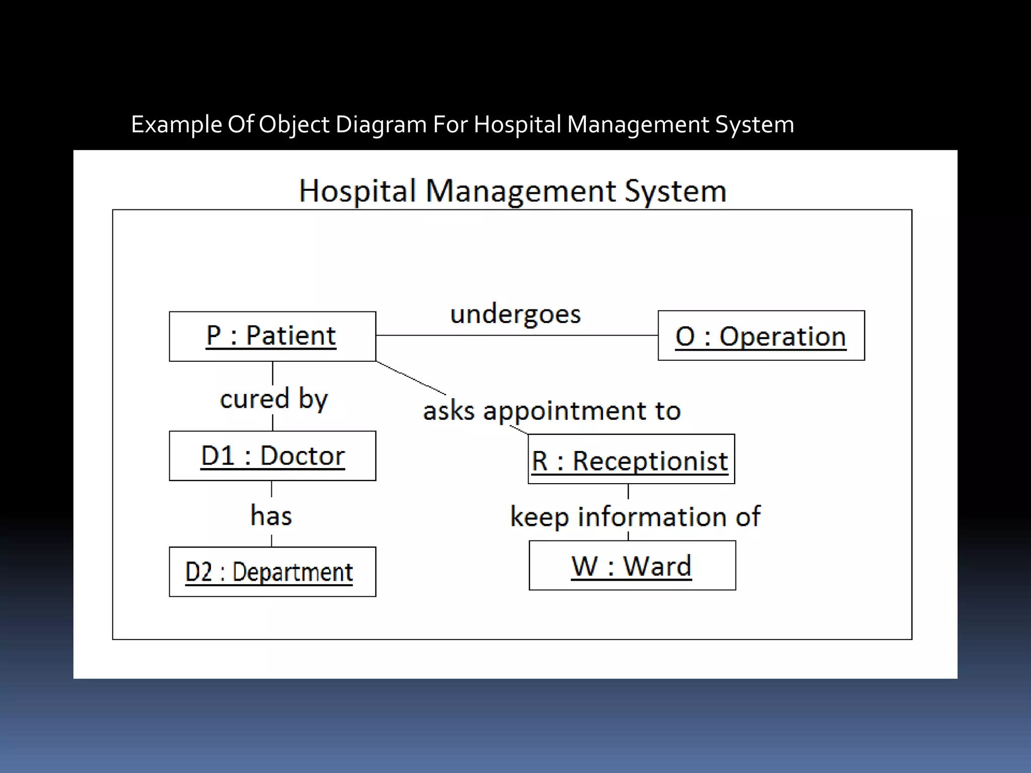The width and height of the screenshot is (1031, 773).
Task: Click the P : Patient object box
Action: (272, 336)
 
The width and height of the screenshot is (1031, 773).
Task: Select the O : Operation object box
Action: (761, 336)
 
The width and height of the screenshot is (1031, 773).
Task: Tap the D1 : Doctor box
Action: (272, 456)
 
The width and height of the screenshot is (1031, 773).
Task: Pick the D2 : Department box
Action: (272, 572)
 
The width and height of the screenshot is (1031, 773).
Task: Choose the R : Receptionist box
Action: (631, 459)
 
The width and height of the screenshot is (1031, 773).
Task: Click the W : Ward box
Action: (632, 566)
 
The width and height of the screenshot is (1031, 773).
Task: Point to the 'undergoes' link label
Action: (515, 314)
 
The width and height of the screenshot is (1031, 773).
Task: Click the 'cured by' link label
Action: (274, 399)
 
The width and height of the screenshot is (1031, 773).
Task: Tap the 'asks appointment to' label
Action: (552, 411)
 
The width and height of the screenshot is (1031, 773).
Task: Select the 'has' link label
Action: (271, 516)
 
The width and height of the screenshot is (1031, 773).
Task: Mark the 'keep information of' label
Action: (635, 517)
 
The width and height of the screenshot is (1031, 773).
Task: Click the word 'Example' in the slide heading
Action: (176, 125)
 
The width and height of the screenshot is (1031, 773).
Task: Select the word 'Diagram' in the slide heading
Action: (381, 125)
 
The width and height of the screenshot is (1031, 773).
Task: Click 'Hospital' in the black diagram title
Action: (358, 191)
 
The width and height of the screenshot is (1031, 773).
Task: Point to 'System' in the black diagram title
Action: (675, 191)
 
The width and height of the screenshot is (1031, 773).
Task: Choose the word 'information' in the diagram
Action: (652, 517)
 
